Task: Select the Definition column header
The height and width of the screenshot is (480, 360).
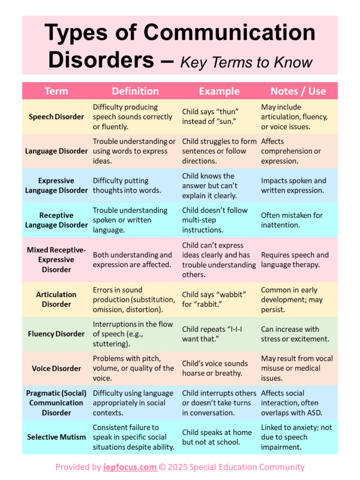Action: click(x=135, y=91)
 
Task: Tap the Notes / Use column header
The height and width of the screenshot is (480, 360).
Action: click(x=298, y=91)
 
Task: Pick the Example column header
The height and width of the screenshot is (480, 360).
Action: click(x=219, y=91)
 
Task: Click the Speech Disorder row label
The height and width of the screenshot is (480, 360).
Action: click(x=56, y=117)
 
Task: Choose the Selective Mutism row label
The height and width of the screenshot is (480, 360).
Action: click(x=56, y=437)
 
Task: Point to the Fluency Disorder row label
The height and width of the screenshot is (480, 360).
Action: click(x=56, y=334)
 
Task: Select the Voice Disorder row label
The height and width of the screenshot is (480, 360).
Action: click(x=56, y=368)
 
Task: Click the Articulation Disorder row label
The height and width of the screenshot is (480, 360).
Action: click(x=56, y=299)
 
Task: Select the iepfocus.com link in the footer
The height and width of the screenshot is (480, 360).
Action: click(x=130, y=467)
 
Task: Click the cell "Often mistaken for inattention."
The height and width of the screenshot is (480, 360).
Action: click(x=292, y=220)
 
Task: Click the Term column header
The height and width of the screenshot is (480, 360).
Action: click(x=56, y=91)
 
